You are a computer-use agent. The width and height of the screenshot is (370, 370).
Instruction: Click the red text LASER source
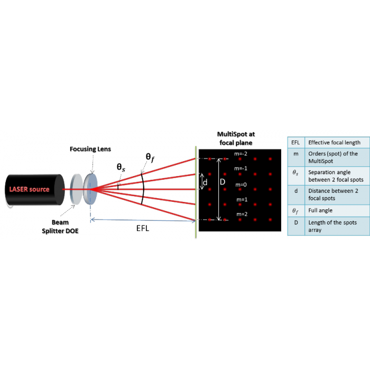click(x=30, y=189)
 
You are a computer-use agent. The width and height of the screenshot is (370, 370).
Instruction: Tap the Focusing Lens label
click(x=91, y=150)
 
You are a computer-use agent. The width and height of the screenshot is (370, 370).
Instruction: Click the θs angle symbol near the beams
click(x=121, y=168)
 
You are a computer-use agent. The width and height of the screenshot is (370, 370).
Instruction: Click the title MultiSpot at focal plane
click(x=236, y=138)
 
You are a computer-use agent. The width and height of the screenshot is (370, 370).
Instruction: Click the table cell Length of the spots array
click(x=332, y=226)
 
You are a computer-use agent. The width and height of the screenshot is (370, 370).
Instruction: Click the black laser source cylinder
click(x=37, y=189)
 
